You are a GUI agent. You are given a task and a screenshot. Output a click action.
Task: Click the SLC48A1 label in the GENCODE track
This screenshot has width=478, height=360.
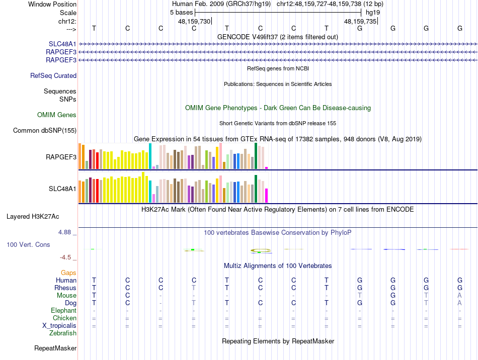[x=62, y=44]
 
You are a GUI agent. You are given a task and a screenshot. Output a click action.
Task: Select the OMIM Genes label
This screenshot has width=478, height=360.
[x=57, y=115]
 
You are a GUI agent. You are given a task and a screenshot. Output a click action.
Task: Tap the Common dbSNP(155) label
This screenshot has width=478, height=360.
[x=45, y=131]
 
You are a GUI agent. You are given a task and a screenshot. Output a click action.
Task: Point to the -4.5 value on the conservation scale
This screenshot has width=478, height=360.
[x=65, y=257]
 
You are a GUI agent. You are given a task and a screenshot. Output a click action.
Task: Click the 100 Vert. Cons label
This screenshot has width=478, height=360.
[x=28, y=244]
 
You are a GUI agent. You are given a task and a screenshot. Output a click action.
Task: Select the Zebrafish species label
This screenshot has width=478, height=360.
[x=63, y=333]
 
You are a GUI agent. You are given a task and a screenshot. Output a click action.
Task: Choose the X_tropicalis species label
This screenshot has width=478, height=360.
[x=59, y=325]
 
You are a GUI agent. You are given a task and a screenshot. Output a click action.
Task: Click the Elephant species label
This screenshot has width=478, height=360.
[x=64, y=311]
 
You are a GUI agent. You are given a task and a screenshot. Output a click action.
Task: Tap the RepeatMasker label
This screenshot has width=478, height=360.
[x=55, y=348]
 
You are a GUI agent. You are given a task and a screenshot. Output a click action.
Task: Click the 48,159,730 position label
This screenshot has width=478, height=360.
[x=194, y=22]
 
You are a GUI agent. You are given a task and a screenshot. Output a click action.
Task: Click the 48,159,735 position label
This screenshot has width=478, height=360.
[x=360, y=22]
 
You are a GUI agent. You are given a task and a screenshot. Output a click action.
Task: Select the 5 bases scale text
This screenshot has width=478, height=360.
[x=181, y=12]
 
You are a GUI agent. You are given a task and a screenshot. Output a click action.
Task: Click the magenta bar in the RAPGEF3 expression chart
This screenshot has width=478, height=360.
[x=267, y=168]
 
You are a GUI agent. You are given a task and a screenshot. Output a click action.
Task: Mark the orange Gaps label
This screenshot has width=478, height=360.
[x=68, y=273]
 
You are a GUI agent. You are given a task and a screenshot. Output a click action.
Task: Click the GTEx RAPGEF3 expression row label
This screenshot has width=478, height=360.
[x=61, y=157]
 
